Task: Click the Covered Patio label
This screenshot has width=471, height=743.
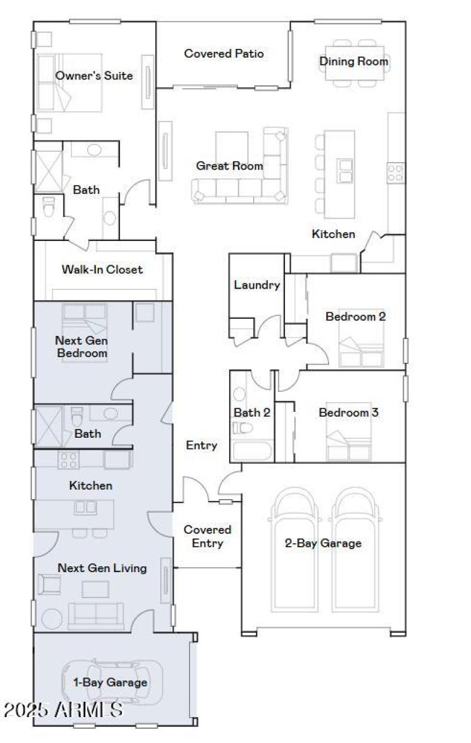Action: tap(224, 54)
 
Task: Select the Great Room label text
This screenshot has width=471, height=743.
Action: tap(230, 166)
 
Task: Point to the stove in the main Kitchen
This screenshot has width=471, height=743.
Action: tap(396, 172)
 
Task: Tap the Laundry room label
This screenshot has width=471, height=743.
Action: tap(257, 285)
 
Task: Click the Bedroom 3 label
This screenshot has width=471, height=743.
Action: tap(349, 412)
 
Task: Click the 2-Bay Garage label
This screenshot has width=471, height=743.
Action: tap(323, 543)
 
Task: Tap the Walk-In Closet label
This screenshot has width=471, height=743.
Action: tap(102, 270)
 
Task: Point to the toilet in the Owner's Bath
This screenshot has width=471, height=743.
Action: tap(48, 206)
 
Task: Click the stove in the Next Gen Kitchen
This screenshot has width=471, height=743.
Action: tap(68, 459)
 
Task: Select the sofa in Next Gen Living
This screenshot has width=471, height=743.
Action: tap(96, 615)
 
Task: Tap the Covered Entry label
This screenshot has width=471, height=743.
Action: tap(207, 536)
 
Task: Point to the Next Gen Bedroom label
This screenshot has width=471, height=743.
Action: tap(81, 347)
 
